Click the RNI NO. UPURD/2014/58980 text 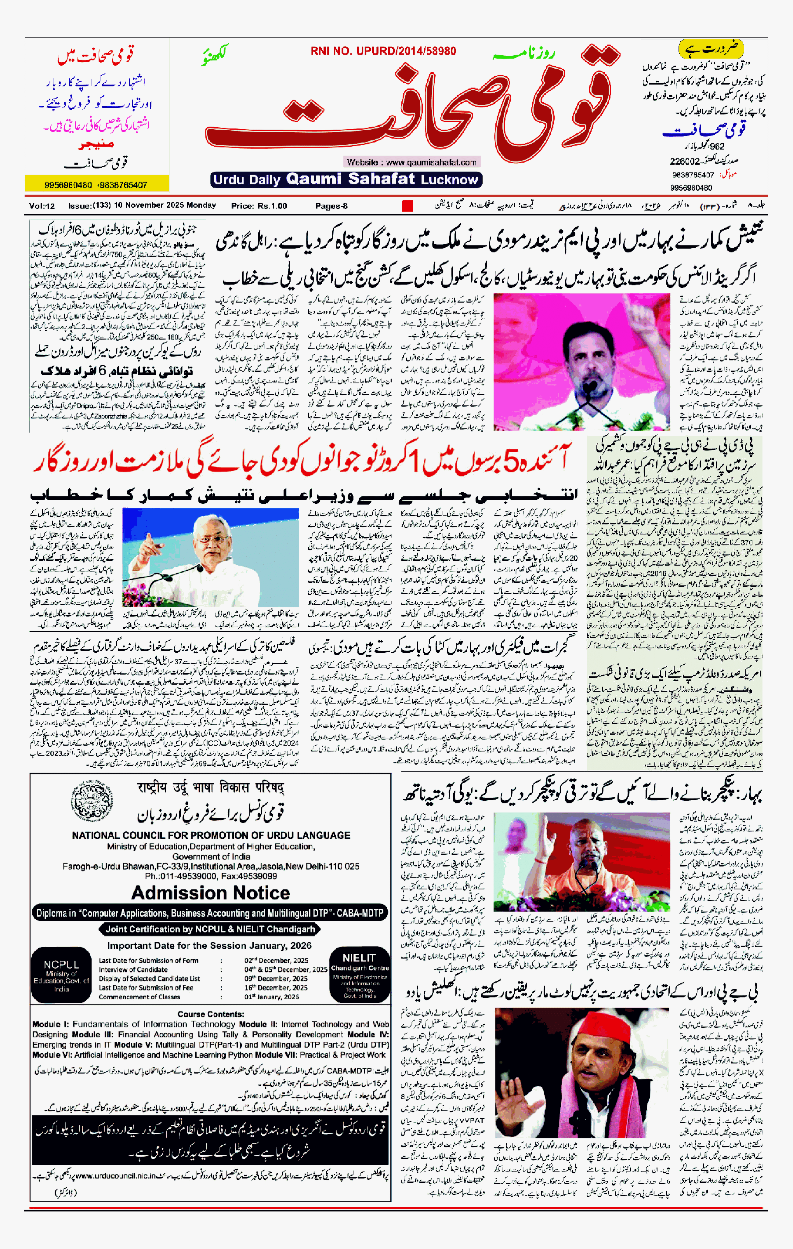(x=383, y=51)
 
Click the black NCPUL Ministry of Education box (x=61, y=975)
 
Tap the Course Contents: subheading (x=211, y=1014)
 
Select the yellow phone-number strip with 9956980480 (x=96, y=185)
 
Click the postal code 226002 (x=685, y=161)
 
